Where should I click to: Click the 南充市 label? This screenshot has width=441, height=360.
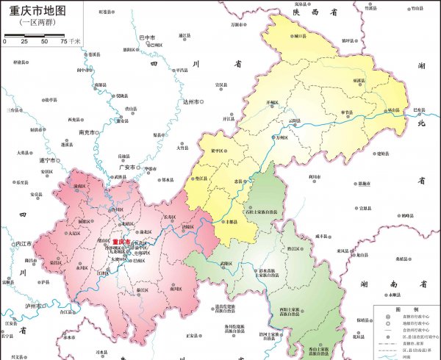pos(87,133)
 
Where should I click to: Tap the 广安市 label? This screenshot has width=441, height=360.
pos(126,167)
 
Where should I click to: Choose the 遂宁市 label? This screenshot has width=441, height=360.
pos(48,160)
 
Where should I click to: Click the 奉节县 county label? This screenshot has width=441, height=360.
pos(346,112)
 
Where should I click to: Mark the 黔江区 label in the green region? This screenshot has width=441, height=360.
pos(293,250)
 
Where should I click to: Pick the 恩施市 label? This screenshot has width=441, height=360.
pos(365,184)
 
